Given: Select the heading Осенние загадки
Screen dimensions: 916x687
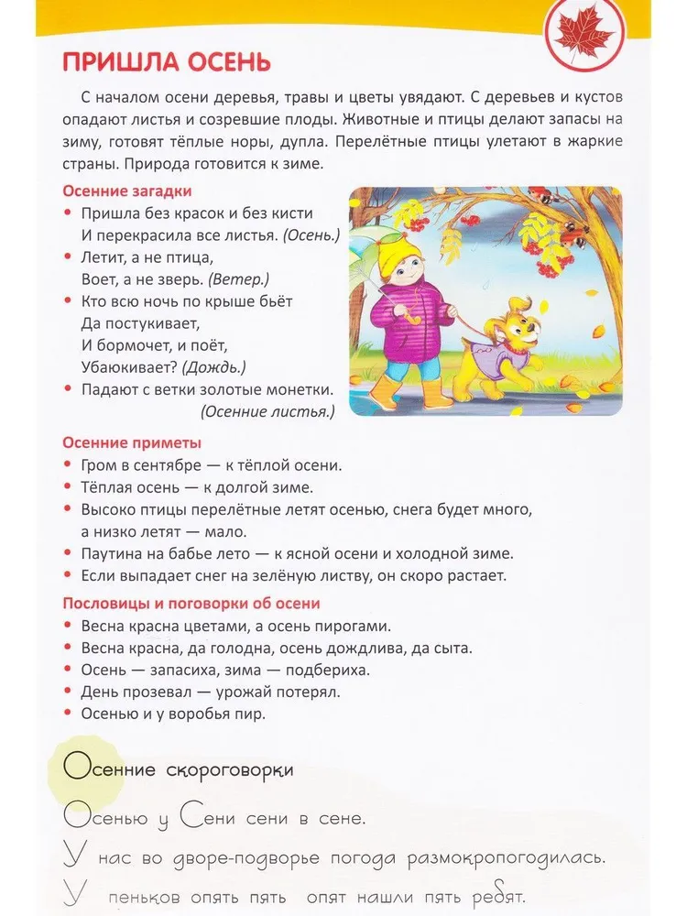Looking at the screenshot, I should [x=126, y=191].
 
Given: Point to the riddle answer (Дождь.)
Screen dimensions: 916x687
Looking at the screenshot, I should [x=214, y=367].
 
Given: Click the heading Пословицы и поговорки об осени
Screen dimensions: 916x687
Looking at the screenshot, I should [x=191, y=604].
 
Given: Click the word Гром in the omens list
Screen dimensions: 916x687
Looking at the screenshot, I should [x=99, y=465].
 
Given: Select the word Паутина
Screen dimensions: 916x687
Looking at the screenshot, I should [x=111, y=553].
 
